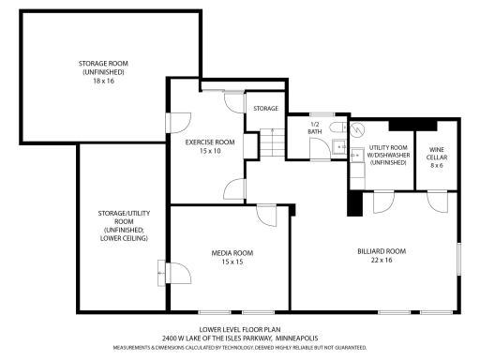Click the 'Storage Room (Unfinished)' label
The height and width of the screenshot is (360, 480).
click(x=103, y=67)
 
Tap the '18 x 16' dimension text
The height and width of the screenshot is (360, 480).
click(x=103, y=82)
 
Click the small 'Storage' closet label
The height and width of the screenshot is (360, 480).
click(x=265, y=109)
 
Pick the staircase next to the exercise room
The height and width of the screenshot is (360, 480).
click(x=270, y=143)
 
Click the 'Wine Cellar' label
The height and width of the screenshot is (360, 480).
click(x=437, y=153)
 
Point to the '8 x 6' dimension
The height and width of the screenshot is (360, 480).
click(x=437, y=166)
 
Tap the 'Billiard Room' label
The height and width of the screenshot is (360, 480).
click(x=382, y=251)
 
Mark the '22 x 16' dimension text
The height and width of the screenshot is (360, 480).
click(x=382, y=262)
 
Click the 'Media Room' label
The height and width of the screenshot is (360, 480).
click(x=232, y=253)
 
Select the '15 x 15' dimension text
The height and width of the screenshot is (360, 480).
click(x=232, y=262)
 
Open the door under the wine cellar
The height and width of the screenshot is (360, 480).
click(x=437, y=200)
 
